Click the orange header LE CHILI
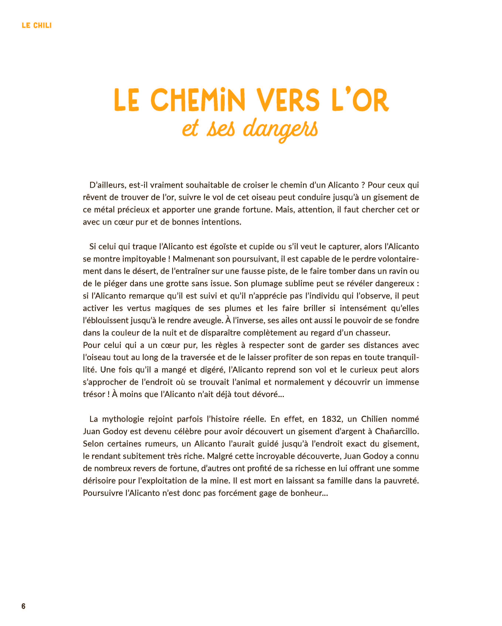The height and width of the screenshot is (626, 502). [x=37, y=25]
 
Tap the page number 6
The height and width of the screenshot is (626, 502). [x=23, y=606]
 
